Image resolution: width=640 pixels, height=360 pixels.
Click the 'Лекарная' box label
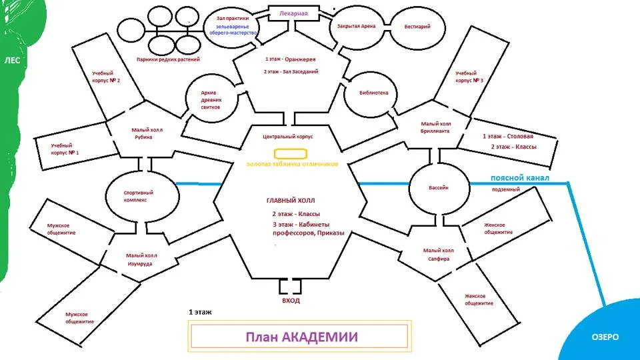point(293,13)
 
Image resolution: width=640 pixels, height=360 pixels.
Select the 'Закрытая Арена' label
point(356,26)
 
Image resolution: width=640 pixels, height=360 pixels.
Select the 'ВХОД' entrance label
point(291,301)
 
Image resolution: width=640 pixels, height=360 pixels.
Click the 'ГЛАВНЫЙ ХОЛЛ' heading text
point(291,201)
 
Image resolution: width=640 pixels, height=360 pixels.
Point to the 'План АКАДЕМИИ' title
point(301,337)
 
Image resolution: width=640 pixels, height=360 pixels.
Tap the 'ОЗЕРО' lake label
point(605,337)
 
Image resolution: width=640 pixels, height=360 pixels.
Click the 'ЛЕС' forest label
point(12,61)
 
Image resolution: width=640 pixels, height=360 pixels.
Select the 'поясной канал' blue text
point(519,178)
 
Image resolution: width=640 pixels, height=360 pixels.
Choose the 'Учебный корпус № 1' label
point(65,149)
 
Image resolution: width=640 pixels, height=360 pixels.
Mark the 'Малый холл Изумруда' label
point(141,259)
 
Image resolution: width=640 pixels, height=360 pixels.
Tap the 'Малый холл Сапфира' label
point(439,255)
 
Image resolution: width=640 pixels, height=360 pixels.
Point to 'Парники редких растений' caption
point(168,59)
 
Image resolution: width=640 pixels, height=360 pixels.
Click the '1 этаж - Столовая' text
point(508,136)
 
